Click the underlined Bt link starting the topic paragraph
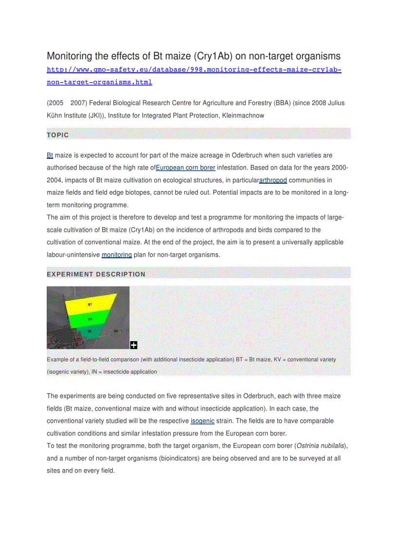tap(50, 155)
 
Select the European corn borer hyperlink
tap(185, 168)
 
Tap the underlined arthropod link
tap(273, 180)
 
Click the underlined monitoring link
tap(116, 255)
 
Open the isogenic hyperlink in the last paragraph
tap(202, 421)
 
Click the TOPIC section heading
tap(58, 135)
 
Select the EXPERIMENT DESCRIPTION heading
tap(96, 274)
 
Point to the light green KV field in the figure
tap(90, 320)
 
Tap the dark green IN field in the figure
tap(90, 331)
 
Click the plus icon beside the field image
tap(134, 345)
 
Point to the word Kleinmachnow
tap(243, 115)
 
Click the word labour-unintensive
tap(73, 255)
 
